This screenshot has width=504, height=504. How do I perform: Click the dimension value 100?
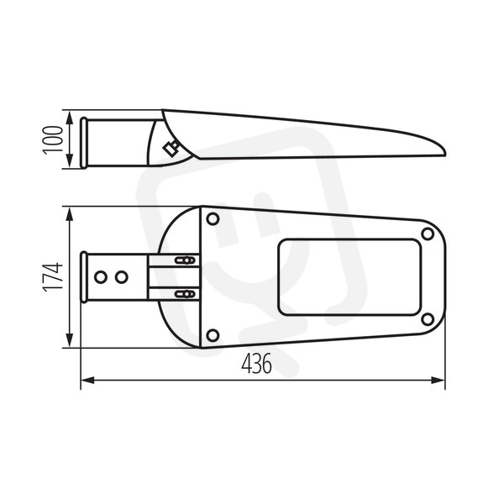pos(53,139)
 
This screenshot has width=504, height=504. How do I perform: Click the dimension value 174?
pos(53,276)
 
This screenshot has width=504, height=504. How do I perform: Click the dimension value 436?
pos(256,364)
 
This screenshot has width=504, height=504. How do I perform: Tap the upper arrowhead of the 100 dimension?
pos(69,118)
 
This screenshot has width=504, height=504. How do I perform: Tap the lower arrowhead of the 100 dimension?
pos(69,160)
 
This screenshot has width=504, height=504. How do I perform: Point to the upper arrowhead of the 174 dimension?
pos(69,214)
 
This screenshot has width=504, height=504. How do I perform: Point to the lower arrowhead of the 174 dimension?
pos(69,339)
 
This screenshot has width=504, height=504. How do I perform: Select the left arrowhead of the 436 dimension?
pos(87,381)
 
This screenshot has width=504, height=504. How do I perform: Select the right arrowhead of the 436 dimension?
pos(438,381)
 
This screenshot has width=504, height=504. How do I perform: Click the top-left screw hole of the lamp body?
pos(213,219)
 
